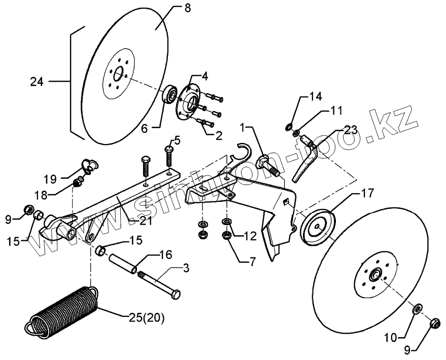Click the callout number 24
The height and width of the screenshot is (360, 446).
tap(37, 81)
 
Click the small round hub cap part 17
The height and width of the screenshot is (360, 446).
tap(318, 225)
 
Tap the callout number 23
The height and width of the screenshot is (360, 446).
tap(351, 129)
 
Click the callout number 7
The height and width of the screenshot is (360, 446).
tap(251, 261)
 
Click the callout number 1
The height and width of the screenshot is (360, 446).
tap(244, 124)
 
